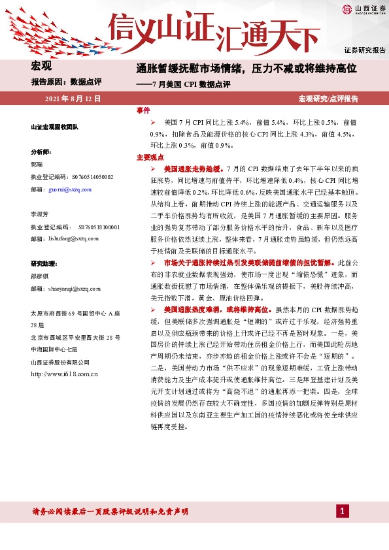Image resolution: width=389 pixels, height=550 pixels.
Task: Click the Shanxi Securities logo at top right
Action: pos(360,9)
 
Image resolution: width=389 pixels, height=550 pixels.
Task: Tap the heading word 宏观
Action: pos(41,65)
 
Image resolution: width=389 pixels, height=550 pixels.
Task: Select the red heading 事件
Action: pos(143,111)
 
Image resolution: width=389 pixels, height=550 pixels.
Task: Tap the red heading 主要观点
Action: pos(149,157)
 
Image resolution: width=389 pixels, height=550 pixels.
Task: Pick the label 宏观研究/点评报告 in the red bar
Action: pos(328,99)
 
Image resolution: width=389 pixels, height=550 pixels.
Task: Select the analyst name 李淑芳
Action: pos(39,214)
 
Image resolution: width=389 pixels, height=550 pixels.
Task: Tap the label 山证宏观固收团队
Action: pos(54,127)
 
